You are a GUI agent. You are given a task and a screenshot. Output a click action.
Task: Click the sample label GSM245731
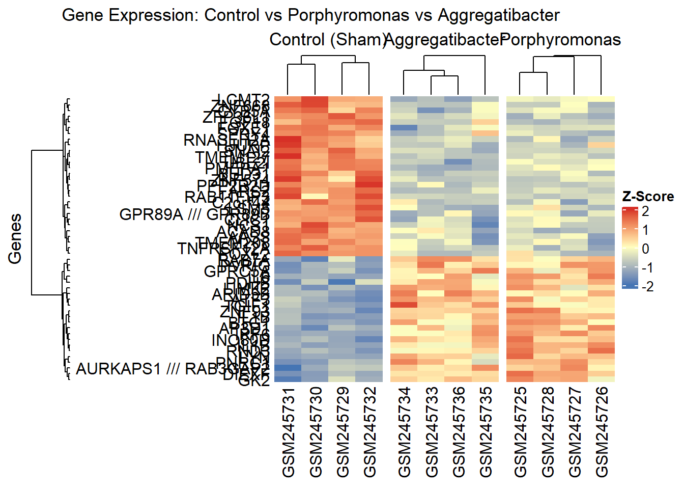click(288, 432)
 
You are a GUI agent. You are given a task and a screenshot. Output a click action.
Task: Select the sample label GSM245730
click(316, 432)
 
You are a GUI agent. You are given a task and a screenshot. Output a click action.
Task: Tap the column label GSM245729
click(343, 432)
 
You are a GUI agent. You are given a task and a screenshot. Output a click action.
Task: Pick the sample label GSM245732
click(370, 432)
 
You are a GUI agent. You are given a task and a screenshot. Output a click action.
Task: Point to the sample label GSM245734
click(404, 432)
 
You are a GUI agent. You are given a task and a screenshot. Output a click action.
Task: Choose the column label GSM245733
click(432, 432)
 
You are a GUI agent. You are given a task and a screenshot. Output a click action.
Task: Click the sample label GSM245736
click(459, 432)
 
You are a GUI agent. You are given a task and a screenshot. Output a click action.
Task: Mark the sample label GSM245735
click(486, 432)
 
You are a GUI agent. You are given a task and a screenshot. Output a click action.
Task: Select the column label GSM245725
click(520, 432)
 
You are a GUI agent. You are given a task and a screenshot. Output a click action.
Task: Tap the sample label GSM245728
click(548, 432)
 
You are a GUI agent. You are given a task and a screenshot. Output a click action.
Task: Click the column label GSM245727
click(575, 432)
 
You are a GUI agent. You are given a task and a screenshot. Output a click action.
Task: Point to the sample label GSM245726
click(602, 432)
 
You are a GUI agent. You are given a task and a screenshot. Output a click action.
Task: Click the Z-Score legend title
click(648, 197)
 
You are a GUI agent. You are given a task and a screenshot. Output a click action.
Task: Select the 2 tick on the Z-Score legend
click(646, 211)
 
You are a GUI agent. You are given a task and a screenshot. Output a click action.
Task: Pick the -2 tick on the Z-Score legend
click(647, 286)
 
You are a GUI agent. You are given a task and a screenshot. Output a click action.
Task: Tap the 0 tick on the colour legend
click(646, 249)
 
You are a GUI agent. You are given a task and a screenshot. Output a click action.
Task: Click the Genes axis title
click(15, 238)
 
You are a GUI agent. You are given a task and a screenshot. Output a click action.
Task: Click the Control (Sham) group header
click(327, 40)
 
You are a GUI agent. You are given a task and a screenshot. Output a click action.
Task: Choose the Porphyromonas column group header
click(561, 40)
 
